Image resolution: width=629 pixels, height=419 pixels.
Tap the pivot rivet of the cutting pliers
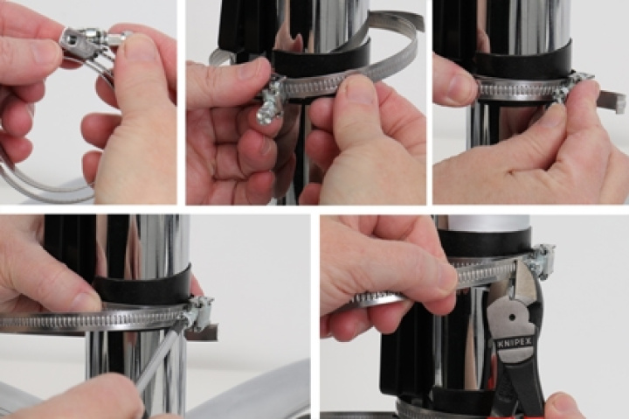pyautogui.click(x=512, y=318)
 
